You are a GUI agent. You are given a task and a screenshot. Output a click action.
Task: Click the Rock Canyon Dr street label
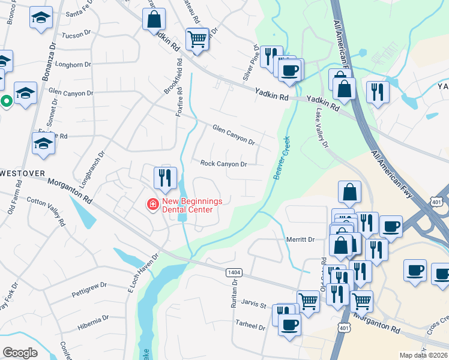[223, 163]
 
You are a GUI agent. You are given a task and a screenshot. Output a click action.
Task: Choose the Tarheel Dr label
[252, 327]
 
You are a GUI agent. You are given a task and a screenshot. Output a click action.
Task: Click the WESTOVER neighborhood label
[23, 173]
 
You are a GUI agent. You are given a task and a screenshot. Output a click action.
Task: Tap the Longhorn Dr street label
[73, 64]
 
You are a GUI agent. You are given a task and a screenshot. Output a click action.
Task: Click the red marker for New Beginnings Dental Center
[153, 205]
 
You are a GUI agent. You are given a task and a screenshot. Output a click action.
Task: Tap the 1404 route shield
[234, 272]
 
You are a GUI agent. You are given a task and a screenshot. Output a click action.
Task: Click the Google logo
[20, 352]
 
